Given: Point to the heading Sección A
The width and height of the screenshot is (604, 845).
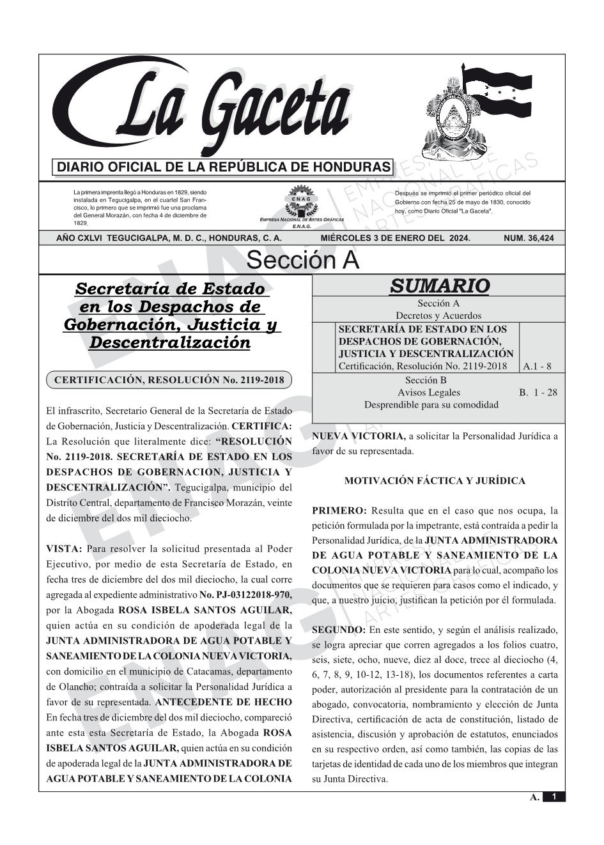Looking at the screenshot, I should [302, 261].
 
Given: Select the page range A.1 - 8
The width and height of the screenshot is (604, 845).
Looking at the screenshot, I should [537, 367].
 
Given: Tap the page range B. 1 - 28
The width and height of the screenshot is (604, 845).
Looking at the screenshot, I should [538, 392].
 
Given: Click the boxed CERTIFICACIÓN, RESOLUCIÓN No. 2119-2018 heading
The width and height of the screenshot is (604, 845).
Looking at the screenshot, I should [169, 380].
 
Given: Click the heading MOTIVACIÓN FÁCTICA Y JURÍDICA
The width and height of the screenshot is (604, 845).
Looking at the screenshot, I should [435, 481].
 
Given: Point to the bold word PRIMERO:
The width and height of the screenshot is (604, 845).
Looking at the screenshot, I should [339, 511].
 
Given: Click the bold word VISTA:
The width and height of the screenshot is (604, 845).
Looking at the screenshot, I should [65, 549].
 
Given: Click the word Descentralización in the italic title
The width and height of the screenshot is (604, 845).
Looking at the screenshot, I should [169, 343].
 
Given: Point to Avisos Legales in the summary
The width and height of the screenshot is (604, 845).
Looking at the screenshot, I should [428, 392].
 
